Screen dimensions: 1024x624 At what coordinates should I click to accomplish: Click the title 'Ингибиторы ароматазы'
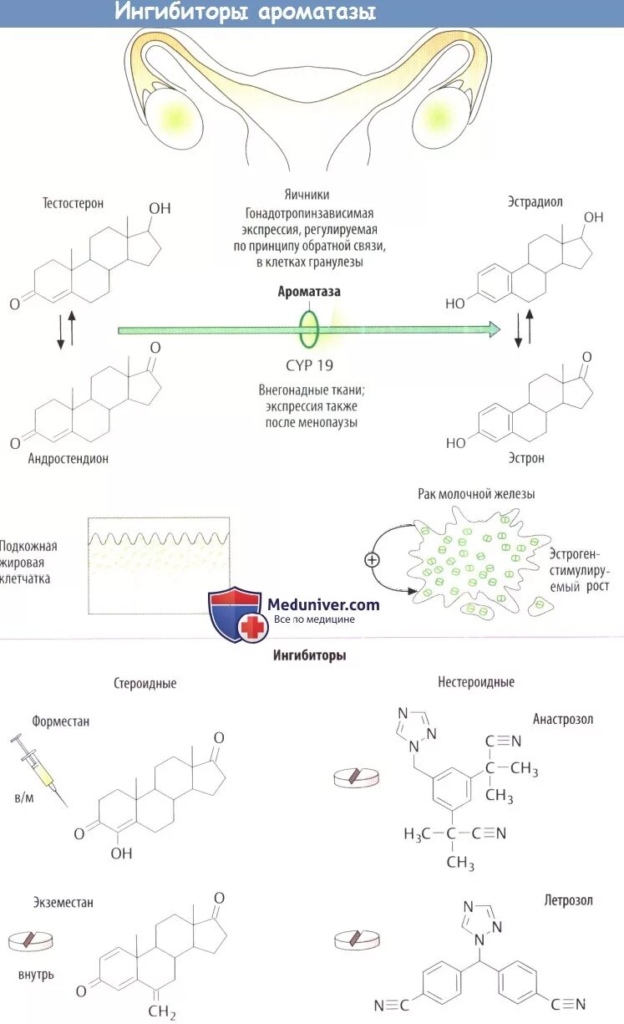244,13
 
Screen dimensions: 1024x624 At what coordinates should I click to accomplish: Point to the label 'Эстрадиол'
535,201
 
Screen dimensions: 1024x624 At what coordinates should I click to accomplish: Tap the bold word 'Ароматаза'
309,292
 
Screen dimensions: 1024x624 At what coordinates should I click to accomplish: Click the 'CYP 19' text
309,364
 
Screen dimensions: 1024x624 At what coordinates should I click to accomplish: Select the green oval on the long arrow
309,329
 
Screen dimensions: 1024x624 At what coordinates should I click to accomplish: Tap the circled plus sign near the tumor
372,560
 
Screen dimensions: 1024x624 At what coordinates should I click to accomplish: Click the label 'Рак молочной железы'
476,494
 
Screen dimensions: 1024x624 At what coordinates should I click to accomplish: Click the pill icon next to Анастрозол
358,777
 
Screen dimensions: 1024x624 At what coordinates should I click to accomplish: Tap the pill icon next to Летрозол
358,940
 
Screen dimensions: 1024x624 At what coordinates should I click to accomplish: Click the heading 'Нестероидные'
476,682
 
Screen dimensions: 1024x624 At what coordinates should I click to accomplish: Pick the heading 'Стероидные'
145,684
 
